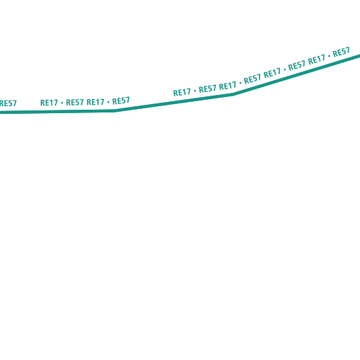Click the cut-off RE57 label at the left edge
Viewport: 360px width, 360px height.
coord(8,103)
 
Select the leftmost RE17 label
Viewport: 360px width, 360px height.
coord(49,103)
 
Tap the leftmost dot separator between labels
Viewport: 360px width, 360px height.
coord(62,103)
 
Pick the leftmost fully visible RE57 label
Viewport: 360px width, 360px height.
coord(75,103)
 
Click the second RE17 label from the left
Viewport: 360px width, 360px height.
coord(96,102)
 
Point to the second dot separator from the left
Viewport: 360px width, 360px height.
coord(108,102)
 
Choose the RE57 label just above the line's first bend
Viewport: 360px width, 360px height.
coord(121,101)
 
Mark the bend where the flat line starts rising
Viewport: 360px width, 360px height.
coord(116,110)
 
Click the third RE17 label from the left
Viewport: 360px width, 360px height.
coord(182,92)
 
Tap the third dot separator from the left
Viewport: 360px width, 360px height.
coord(195,91)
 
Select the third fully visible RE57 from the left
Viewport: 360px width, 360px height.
coord(207,89)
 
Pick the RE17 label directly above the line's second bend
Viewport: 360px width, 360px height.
coord(228,86)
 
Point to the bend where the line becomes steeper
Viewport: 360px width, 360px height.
coord(233,94)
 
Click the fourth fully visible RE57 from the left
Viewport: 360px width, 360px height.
coord(252,79)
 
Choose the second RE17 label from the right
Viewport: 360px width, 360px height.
coord(272,73)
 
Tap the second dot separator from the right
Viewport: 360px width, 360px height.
coord(285,70)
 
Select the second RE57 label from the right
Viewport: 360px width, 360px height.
coord(297,65)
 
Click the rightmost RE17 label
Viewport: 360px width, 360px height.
coord(316,60)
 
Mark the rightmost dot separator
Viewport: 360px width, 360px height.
coord(329,56)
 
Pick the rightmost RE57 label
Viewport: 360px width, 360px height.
coord(341,52)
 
